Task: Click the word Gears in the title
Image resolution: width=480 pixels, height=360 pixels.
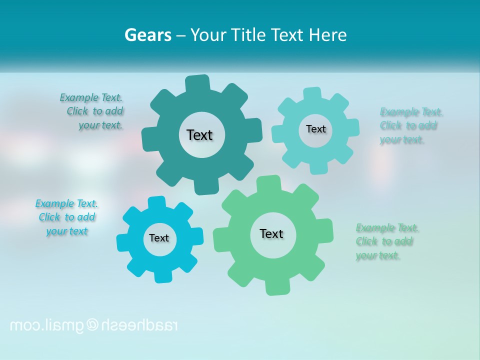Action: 147,35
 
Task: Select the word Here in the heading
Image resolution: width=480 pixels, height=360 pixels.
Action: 327,35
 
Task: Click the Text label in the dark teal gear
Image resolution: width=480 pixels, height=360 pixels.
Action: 199,135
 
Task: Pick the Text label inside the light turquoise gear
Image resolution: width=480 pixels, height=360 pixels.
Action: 315,129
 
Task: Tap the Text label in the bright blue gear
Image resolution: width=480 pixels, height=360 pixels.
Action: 159,238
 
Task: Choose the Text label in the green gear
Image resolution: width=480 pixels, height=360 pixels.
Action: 271,233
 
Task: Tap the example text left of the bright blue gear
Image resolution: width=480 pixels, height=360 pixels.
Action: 67,217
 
